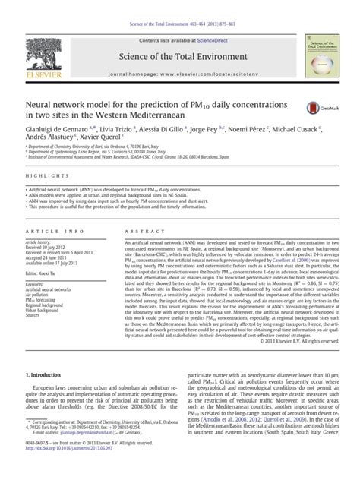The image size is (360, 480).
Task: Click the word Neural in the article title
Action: tap(44, 103)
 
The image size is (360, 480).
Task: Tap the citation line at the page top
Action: tap(179, 5)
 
